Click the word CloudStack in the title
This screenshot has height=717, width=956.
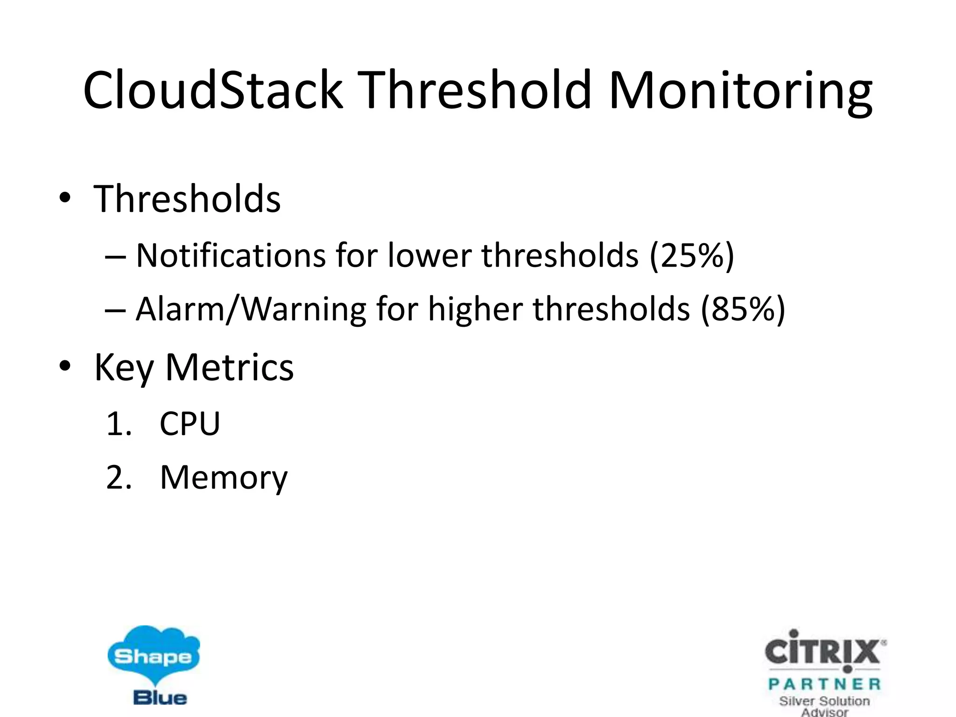(x=212, y=90)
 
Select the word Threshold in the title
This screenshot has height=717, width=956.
(x=476, y=90)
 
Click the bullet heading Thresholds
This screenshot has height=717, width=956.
(x=187, y=199)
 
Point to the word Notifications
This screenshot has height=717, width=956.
(x=231, y=256)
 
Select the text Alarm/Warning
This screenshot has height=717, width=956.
(x=251, y=309)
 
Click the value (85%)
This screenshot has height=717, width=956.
(x=743, y=309)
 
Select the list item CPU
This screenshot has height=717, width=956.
(x=190, y=423)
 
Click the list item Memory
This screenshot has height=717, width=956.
(x=224, y=477)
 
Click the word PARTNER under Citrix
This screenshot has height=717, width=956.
(x=824, y=684)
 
